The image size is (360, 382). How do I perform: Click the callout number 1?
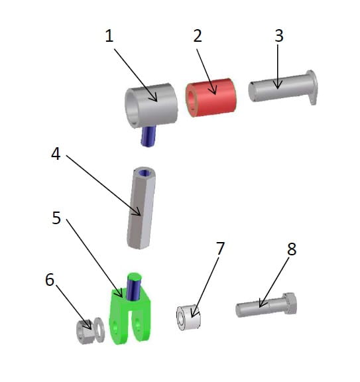click(x=109, y=36)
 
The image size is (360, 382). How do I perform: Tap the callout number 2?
click(x=198, y=36)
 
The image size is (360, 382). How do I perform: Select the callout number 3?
click(x=279, y=36)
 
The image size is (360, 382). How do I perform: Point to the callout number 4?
click(x=56, y=154)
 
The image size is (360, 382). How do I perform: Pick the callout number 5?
click(x=56, y=218)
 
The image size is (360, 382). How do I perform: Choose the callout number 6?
click(x=50, y=280)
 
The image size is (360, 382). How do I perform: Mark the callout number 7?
click(x=220, y=249)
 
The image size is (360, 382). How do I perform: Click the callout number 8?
click(x=292, y=249)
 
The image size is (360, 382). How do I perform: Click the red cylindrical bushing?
click(x=211, y=97)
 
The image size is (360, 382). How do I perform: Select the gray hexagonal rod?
click(x=141, y=208)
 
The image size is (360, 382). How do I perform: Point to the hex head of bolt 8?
click(x=290, y=304)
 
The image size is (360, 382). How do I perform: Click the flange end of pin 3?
click(x=312, y=87)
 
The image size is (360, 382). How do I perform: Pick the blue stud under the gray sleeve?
click(x=149, y=136)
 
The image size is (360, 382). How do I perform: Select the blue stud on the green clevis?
click(x=133, y=287)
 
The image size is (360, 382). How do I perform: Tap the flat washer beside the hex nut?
click(x=99, y=330)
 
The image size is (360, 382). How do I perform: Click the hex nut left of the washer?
click(x=84, y=332)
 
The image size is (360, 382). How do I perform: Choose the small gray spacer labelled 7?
click(x=188, y=317)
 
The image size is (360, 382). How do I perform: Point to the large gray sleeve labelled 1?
click(x=152, y=105)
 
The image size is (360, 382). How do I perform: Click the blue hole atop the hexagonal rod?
click(x=145, y=173)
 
